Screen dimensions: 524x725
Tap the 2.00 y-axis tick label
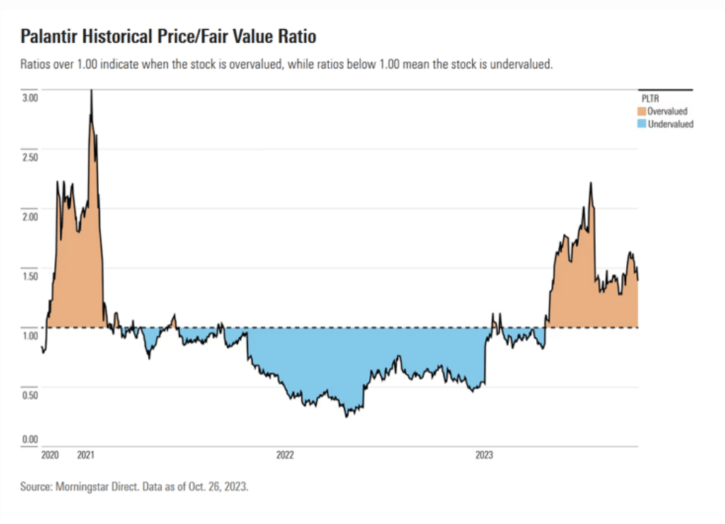point(29,215)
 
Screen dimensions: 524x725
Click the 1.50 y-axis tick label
point(29,275)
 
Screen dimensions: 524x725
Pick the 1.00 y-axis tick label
point(29,334)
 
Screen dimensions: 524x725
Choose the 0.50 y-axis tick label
point(29,394)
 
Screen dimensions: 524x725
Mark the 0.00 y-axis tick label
point(29,439)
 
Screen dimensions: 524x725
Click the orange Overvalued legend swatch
point(642,111)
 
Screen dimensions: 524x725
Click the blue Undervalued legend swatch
point(642,124)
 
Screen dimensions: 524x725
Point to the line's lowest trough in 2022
point(347,416)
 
